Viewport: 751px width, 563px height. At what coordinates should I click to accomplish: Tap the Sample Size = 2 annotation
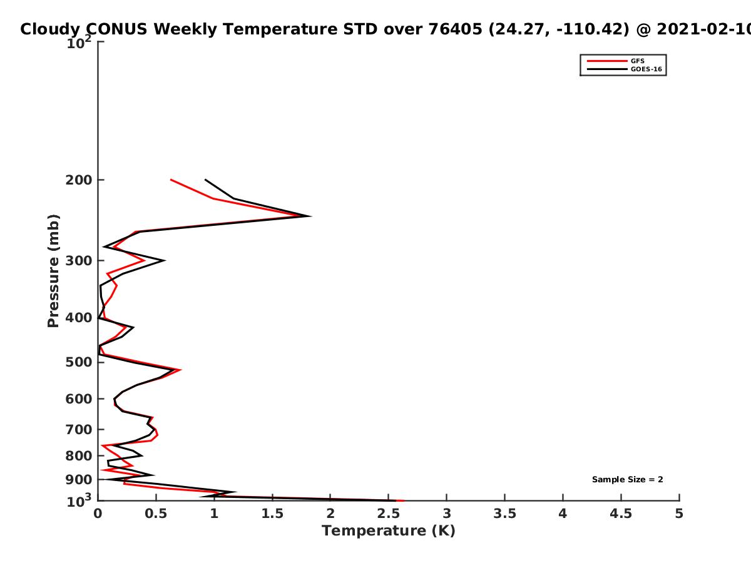[x=628, y=480]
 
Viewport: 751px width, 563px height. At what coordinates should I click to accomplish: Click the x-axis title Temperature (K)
[x=389, y=531]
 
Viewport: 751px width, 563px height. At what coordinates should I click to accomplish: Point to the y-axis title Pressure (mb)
[x=53, y=271]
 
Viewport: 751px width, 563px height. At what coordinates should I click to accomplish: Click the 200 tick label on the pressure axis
[x=79, y=180]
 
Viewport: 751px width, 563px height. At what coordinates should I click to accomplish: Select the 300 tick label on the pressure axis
[x=79, y=260]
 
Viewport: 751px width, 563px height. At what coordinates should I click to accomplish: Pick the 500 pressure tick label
[x=79, y=362]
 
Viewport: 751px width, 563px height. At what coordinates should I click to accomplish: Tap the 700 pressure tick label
[x=79, y=429]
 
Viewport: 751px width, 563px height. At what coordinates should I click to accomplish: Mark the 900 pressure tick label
[x=79, y=480]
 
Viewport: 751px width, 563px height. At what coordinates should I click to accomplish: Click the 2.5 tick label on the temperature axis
[x=389, y=514]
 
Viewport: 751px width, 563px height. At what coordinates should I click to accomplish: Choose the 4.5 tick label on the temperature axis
[x=621, y=514]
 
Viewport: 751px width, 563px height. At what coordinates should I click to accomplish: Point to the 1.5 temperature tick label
[x=272, y=514]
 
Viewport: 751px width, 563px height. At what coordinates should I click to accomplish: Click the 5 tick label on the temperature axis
[x=679, y=514]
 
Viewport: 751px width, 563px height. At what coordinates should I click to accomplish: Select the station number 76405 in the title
[x=456, y=29]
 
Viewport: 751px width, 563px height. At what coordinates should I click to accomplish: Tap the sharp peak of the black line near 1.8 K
[x=310, y=216]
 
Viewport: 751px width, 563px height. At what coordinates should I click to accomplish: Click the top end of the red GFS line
[x=171, y=180]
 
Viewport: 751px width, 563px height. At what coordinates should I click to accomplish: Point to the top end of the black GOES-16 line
[x=205, y=180]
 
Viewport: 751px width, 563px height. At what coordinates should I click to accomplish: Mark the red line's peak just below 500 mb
[x=180, y=370]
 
